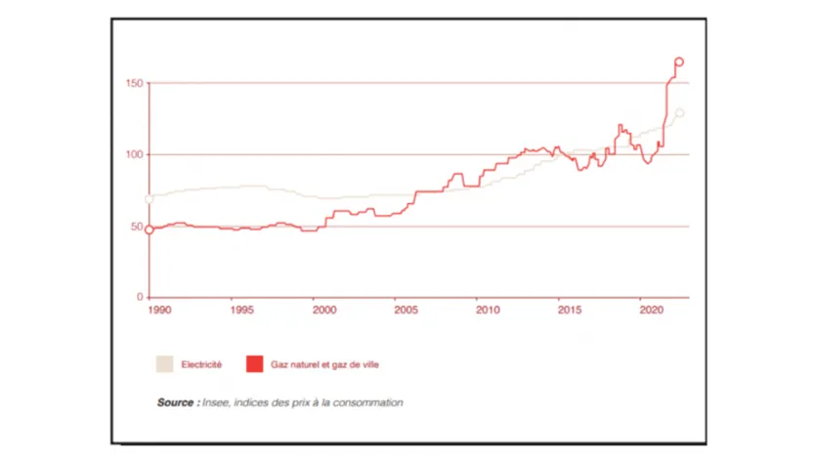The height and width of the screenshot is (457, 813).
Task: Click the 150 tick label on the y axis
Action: point(134,84)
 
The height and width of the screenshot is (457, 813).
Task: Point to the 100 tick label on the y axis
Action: point(134,155)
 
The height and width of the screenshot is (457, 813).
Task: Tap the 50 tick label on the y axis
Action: point(136,227)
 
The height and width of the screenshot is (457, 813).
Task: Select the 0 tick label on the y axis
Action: point(139,297)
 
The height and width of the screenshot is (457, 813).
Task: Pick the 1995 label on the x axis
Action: point(242,311)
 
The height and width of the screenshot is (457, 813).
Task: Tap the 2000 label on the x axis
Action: point(324,311)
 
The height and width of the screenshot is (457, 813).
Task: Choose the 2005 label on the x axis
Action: point(406,311)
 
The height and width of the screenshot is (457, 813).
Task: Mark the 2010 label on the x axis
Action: point(489,311)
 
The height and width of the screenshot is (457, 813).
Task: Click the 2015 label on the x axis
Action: point(571,311)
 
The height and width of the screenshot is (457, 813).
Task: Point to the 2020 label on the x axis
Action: point(652,311)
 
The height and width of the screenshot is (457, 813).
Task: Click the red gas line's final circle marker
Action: point(679,62)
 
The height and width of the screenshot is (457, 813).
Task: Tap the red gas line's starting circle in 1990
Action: point(149,229)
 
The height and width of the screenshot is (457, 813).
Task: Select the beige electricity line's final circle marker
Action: point(680,113)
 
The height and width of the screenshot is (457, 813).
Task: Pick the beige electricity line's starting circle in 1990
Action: point(149,198)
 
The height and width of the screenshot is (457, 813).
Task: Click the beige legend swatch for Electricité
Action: point(163,364)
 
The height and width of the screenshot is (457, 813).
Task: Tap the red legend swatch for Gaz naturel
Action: point(255,364)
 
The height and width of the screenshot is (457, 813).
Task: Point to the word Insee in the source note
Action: point(217,402)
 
